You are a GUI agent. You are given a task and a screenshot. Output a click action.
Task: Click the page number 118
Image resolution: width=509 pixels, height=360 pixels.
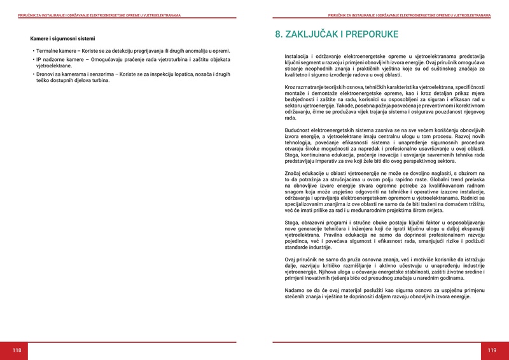[x=17, y=350]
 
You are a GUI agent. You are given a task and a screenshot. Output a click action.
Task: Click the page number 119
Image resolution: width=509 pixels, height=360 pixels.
[x=492, y=350]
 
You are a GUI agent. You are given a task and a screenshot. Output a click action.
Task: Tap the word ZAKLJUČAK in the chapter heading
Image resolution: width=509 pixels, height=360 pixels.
[x=322, y=34]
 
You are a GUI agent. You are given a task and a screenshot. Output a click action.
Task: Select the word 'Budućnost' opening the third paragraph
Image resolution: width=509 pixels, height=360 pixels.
[x=298, y=130]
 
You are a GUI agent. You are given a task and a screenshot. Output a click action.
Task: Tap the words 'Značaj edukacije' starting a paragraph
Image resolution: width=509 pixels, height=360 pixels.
[x=305, y=172]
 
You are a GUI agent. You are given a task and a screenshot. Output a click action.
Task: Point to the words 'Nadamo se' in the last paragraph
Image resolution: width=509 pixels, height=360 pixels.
[x=297, y=289]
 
